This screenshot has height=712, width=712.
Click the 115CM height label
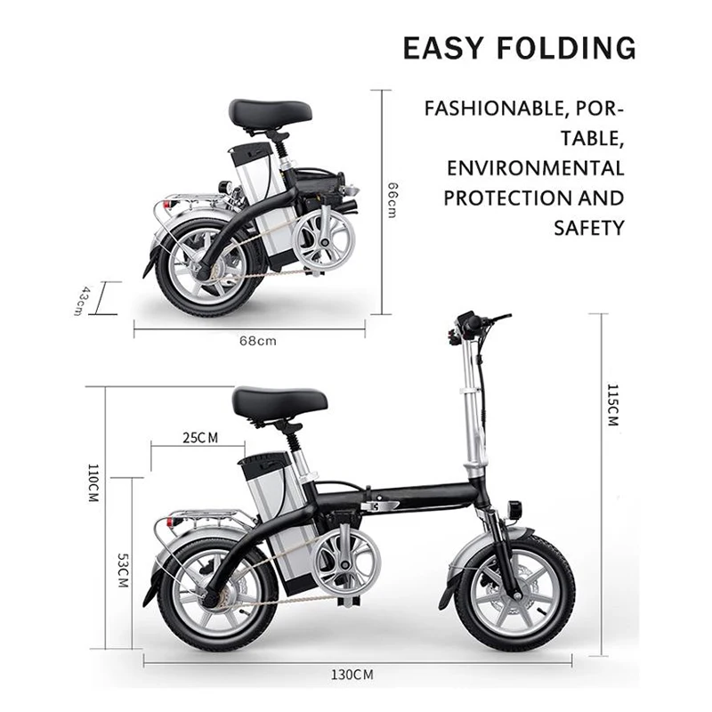point(611,406)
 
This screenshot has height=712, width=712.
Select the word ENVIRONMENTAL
point(534,168)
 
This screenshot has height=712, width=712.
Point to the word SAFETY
point(589,227)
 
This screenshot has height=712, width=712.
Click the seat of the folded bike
point(270,113)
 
